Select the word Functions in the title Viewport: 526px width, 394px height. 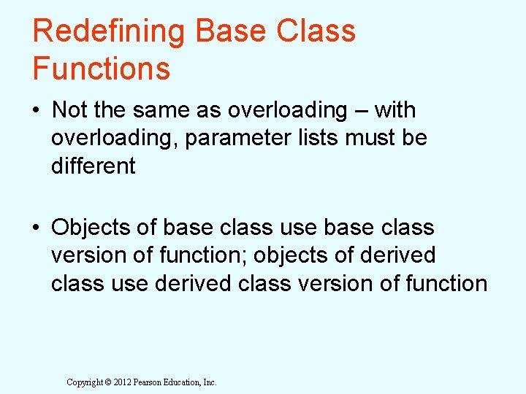pyautogui.click(x=102, y=69)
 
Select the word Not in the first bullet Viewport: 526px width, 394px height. pyautogui.click(x=69, y=110)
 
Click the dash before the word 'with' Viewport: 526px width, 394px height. pyautogui.click(x=361, y=111)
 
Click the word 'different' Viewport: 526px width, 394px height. pyautogui.click(x=94, y=166)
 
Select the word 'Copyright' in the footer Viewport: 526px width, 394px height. pyautogui.click(x=84, y=382)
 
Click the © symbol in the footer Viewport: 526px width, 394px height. pyautogui.click(x=107, y=382)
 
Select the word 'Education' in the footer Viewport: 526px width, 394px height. pyautogui.click(x=186, y=382)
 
